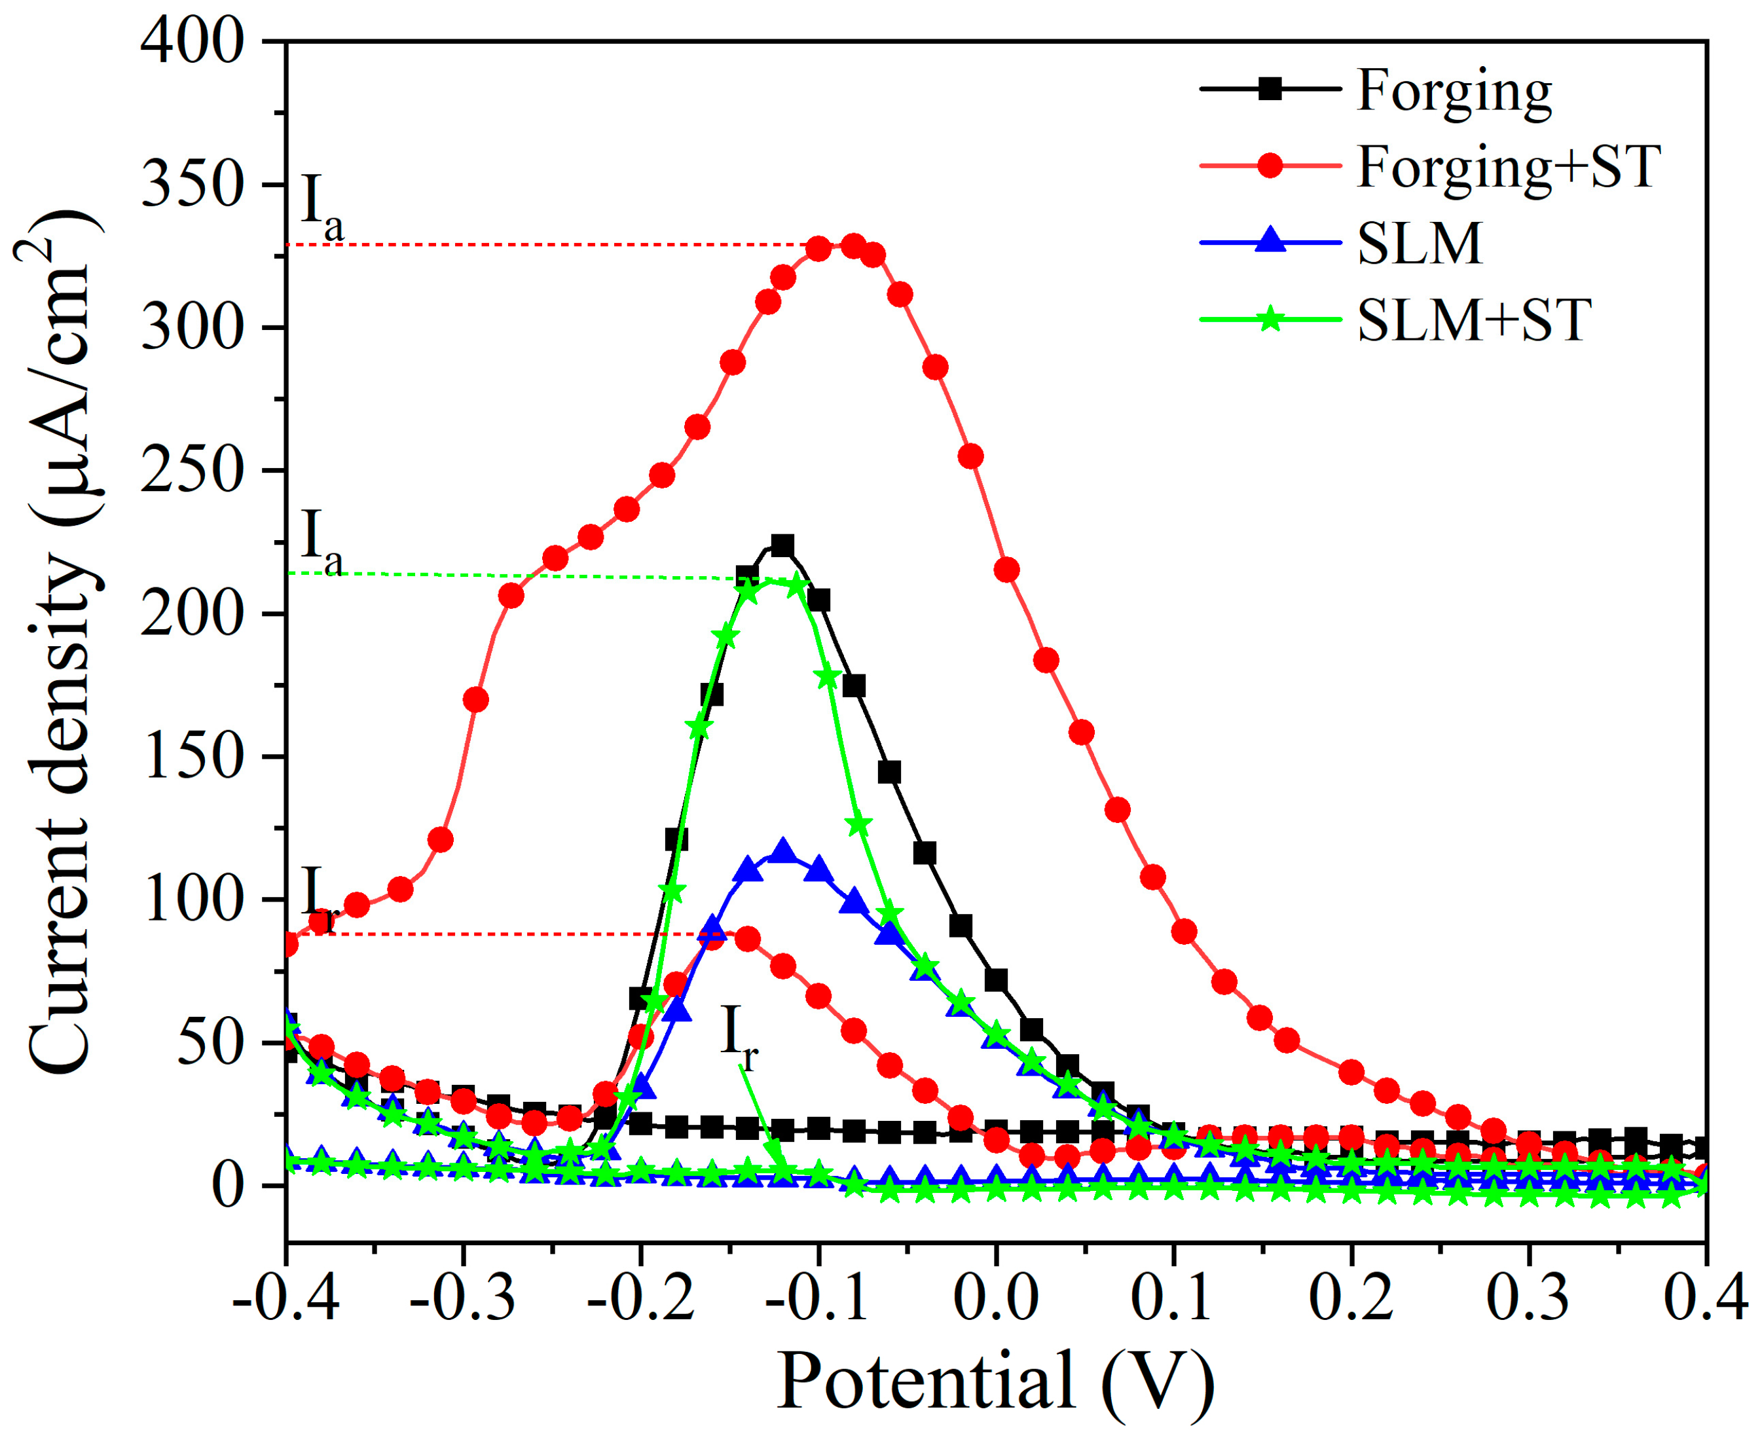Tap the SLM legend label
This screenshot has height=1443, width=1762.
1420,244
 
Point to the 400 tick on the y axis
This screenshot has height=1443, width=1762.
193,41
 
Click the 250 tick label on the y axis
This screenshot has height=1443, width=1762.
193,471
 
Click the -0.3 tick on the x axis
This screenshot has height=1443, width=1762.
463,1298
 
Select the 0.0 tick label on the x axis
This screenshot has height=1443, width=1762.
996,1298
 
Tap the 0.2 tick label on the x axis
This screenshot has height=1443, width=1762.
1351,1298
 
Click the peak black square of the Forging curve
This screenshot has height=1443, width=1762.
782,545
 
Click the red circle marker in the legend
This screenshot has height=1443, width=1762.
1270,166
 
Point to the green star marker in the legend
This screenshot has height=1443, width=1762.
1270,320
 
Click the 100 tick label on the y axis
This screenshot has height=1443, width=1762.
193,900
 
